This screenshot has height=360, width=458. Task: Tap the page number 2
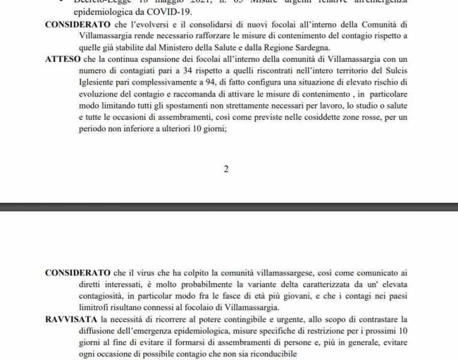coord(226,169)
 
